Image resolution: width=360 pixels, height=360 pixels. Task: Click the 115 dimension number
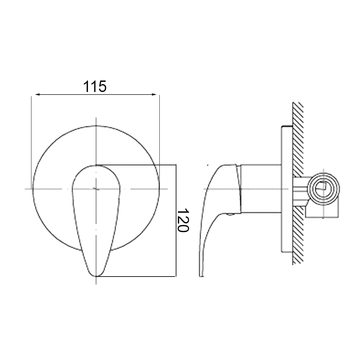pyautogui.click(x=95, y=86)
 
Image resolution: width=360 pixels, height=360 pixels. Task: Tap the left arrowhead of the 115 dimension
pyautogui.click(x=37, y=95)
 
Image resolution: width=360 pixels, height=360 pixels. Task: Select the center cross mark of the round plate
pyautogui.click(x=96, y=189)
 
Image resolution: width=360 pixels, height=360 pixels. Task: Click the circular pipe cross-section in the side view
pyautogui.click(x=323, y=189)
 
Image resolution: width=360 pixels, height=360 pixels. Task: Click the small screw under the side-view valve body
pyautogui.click(x=230, y=215)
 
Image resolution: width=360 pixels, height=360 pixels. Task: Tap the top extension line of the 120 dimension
pyautogui.click(x=137, y=165)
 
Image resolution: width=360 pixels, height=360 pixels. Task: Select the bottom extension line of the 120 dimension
pyautogui.click(x=137, y=277)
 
